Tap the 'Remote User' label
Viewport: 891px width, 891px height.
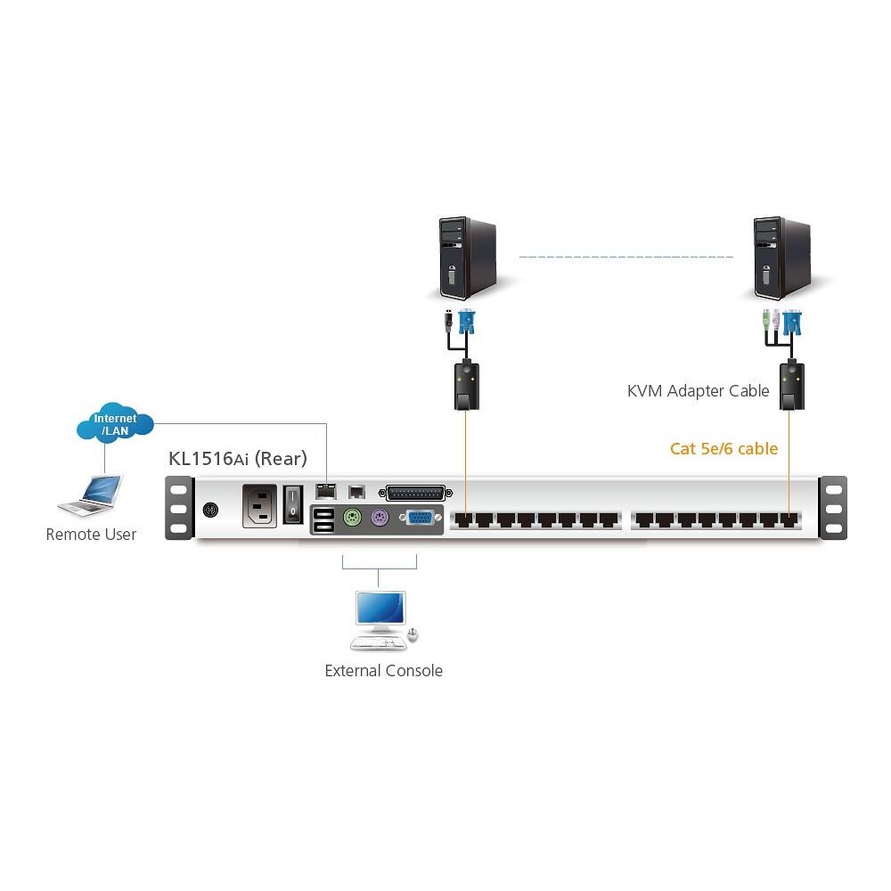point(91,535)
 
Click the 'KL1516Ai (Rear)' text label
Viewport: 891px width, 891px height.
point(238,459)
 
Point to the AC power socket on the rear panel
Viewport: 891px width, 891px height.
point(260,506)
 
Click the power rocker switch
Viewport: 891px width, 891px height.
point(293,505)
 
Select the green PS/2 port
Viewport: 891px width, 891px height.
point(352,519)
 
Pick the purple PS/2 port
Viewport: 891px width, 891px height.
point(379,519)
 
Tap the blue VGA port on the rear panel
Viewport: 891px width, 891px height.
point(420,519)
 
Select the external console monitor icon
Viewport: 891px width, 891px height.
point(380,613)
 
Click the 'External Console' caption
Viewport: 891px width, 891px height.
point(383,671)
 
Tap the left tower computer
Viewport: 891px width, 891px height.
point(465,257)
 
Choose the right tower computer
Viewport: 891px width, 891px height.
point(781,257)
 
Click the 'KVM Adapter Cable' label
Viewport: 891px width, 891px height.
point(698,391)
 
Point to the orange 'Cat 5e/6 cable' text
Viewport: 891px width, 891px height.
point(723,448)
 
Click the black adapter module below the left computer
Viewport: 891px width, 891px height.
point(465,384)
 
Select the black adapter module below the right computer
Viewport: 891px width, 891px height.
point(789,384)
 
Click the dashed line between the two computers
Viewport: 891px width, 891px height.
point(625,257)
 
